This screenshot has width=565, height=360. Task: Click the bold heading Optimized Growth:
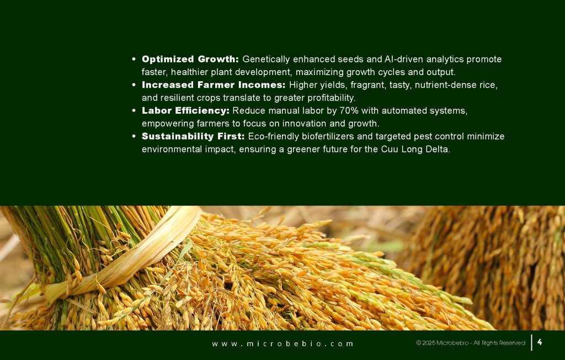tap(190, 59)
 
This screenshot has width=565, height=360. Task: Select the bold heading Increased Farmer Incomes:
tap(214, 85)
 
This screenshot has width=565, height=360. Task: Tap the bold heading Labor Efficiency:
tap(185, 111)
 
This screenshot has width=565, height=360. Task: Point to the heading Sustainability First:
tap(193, 136)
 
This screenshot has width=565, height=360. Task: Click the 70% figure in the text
tap(349, 111)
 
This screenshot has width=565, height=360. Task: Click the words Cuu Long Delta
tap(415, 149)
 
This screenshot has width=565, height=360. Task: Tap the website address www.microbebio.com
tap(282, 344)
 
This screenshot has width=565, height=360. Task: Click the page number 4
tap(540, 342)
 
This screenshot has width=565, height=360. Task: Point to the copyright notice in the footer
tap(471, 343)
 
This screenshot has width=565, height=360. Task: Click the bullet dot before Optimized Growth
tap(134, 59)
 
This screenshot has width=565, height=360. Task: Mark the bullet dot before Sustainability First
tap(134, 136)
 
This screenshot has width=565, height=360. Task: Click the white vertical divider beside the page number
tap(532, 343)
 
